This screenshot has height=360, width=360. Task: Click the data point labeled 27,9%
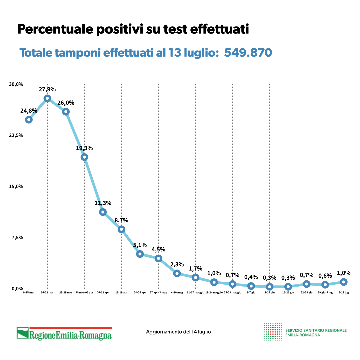47,98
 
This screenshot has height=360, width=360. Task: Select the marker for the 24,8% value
29,120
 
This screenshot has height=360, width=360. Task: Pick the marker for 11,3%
103,212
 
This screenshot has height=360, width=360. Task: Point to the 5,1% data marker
140,254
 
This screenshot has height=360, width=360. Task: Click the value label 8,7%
121,220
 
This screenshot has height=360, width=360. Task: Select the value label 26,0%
66,103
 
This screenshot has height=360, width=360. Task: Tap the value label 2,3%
177,264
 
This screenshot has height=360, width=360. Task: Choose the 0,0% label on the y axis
17,289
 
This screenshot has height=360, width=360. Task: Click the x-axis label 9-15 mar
29,293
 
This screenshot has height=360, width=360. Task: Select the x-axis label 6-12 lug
344,293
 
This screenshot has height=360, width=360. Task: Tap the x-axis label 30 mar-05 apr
84,293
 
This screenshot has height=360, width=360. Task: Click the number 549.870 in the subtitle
248,53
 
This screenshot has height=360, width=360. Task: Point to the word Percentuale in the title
55,29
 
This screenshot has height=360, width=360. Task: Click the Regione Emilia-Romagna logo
64,333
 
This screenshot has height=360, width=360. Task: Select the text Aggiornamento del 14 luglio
178,332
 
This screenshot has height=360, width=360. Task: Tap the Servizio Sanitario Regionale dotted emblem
272,332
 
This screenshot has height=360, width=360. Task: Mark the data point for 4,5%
158,258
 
